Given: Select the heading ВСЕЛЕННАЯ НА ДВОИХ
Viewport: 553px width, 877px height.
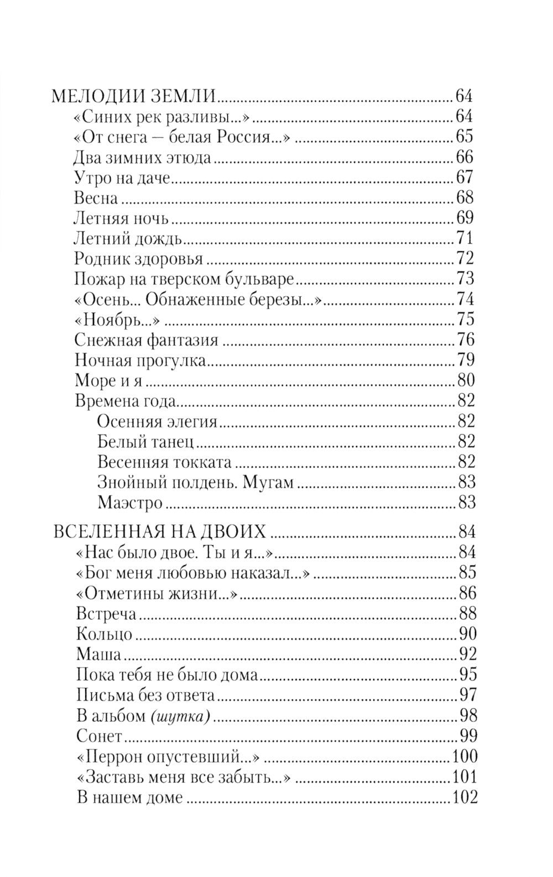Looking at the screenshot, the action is click(159, 533).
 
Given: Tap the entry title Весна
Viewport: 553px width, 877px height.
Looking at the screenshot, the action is click(95, 198).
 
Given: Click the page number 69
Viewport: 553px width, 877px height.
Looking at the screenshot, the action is click(464, 218).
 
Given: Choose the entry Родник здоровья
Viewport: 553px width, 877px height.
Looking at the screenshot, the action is click(138, 259).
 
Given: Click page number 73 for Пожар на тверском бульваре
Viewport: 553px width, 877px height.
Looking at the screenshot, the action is click(465, 279).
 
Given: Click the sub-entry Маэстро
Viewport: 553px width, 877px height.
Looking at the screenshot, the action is click(130, 503).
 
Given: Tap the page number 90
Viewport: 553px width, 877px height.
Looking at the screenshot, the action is click(467, 634).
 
